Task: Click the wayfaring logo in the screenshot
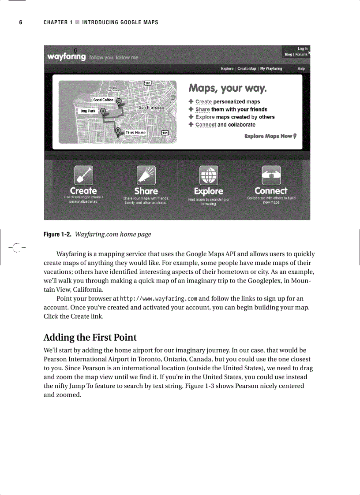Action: click(66, 56)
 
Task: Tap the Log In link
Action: click(303, 48)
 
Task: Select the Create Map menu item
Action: click(247, 69)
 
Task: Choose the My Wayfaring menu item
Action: click(271, 69)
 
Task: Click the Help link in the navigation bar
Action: click(301, 69)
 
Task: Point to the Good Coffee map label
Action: click(103, 100)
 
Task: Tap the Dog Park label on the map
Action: click(88, 111)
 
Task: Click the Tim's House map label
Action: click(135, 132)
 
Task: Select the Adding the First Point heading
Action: click(90, 338)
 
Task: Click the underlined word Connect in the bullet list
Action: click(206, 125)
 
